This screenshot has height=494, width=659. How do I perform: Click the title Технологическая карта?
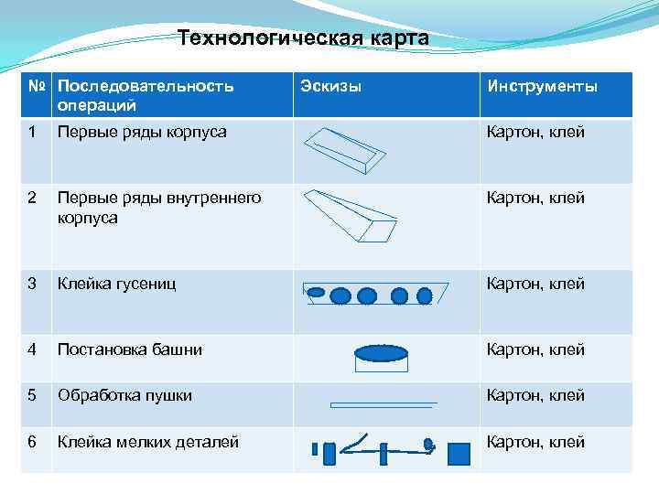click(303, 38)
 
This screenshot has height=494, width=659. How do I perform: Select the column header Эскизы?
click(331, 87)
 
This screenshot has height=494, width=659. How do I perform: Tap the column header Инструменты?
click(543, 87)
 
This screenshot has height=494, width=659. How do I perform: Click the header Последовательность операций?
click(146, 95)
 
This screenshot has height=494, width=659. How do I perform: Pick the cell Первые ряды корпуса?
click(142, 133)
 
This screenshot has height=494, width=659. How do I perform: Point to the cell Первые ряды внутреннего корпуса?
click(158, 208)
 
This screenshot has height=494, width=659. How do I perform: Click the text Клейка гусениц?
click(116, 284)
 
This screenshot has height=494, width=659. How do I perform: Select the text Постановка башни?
click(130, 349)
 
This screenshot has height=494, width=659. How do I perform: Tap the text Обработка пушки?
click(124, 396)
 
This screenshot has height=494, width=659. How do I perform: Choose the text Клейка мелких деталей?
click(148, 443)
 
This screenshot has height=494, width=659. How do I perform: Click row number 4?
click(33, 349)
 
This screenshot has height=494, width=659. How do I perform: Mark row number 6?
click(33, 443)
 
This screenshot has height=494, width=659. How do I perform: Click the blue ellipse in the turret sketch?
click(381, 353)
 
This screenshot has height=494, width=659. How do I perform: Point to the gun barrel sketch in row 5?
click(384, 403)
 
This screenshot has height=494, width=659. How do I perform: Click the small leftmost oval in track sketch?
click(316, 293)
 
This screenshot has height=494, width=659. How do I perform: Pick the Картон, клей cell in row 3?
click(535, 284)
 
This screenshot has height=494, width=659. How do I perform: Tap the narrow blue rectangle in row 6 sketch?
click(316, 450)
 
